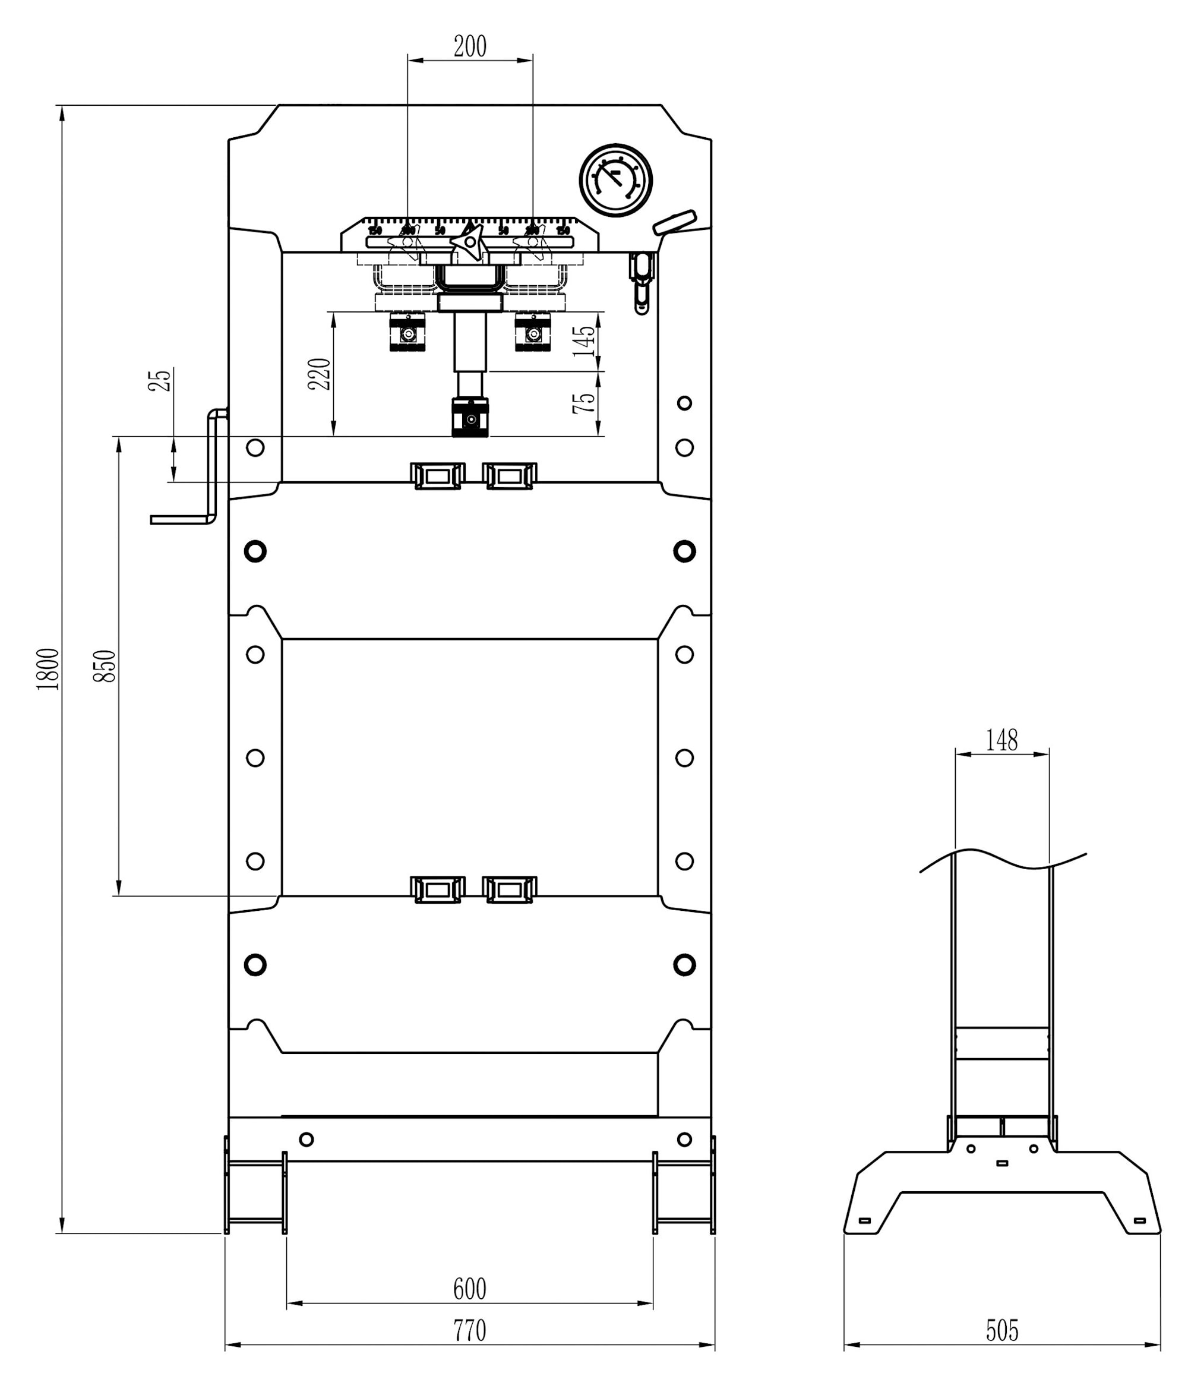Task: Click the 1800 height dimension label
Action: [x=48, y=669]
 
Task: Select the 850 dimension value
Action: [x=105, y=666]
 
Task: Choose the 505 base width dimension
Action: [x=1001, y=1330]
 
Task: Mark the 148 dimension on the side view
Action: [x=1001, y=740]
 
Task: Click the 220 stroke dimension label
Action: [x=320, y=374]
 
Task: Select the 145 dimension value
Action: [x=584, y=342]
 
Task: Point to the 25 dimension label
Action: [x=160, y=380]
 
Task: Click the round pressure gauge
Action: [x=615, y=180]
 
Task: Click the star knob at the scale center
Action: [x=469, y=242]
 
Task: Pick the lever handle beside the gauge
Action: [x=674, y=222]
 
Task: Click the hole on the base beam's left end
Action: [x=306, y=1140]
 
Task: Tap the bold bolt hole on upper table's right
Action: [x=684, y=551]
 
